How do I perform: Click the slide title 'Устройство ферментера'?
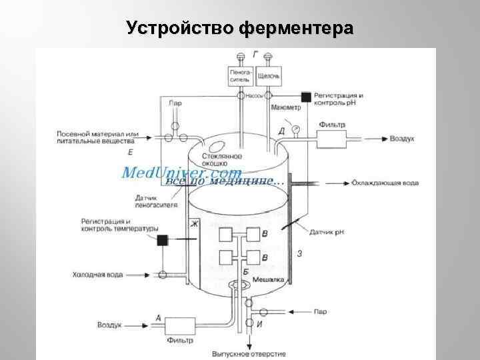pyautogui.click(x=240, y=29)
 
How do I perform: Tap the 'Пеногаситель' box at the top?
pyautogui.click(x=239, y=75)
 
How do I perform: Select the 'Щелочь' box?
pyautogui.click(x=268, y=75)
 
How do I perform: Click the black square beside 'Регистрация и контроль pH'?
pyautogui.click(x=305, y=97)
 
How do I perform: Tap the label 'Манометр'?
pyautogui.click(x=285, y=107)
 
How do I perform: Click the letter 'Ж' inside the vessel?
pyautogui.click(x=195, y=223)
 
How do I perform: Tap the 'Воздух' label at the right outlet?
pyautogui.click(x=402, y=139)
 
